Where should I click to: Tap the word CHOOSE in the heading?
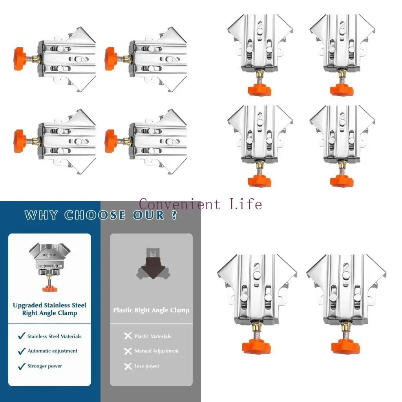point(94,215)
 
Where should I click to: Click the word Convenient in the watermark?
point(180,204)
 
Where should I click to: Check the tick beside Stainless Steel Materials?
point(22,336)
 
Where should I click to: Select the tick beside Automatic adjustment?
point(22,351)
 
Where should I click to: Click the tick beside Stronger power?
point(22,366)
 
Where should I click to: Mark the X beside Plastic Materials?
point(128,336)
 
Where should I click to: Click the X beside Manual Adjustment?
point(128,351)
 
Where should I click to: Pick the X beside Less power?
point(128,366)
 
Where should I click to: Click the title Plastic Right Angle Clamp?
point(151,310)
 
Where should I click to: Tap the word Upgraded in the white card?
point(27,305)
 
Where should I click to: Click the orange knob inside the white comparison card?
point(49,289)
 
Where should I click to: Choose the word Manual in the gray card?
point(143,351)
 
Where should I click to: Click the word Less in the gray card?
point(139,366)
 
